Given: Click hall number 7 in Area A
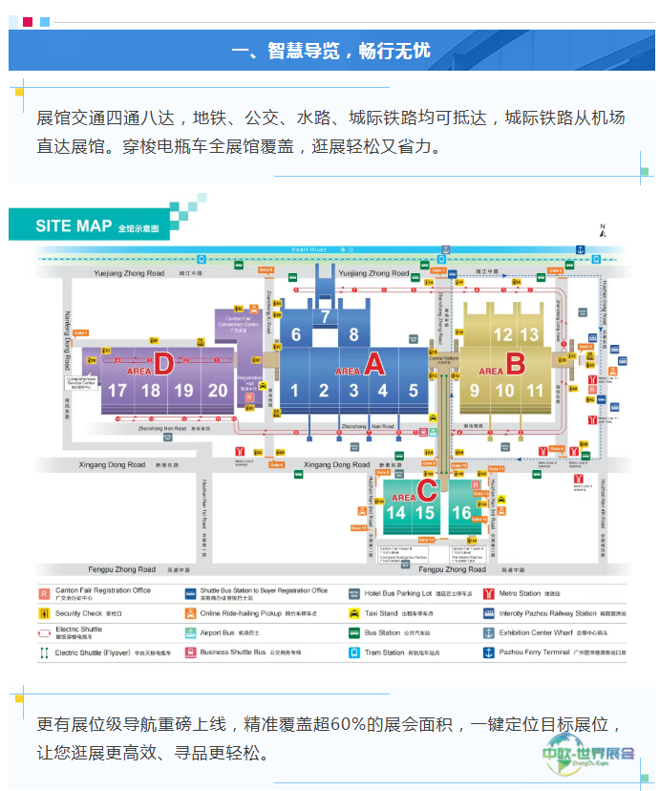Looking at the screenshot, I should [x=325, y=316].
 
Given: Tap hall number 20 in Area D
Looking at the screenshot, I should [x=219, y=390].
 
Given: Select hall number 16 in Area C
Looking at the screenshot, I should [x=461, y=513].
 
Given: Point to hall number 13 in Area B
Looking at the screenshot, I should [x=530, y=334].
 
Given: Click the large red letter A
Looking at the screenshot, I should [x=374, y=363].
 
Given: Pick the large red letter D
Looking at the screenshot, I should [x=164, y=363].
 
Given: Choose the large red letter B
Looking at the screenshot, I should [x=516, y=363].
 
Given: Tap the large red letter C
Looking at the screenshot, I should [x=428, y=491].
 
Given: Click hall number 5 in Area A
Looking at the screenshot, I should [x=414, y=390].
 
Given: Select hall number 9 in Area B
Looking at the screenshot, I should [x=475, y=390].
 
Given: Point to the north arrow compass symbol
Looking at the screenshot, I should [x=603, y=230].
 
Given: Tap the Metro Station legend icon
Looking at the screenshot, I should [x=489, y=593].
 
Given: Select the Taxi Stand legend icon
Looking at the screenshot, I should [x=354, y=613].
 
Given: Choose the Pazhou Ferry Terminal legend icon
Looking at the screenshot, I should [x=489, y=652].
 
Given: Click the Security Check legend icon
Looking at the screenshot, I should [x=44, y=613].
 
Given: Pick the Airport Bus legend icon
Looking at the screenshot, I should [x=190, y=632].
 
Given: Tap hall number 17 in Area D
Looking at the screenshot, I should [x=117, y=390].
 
